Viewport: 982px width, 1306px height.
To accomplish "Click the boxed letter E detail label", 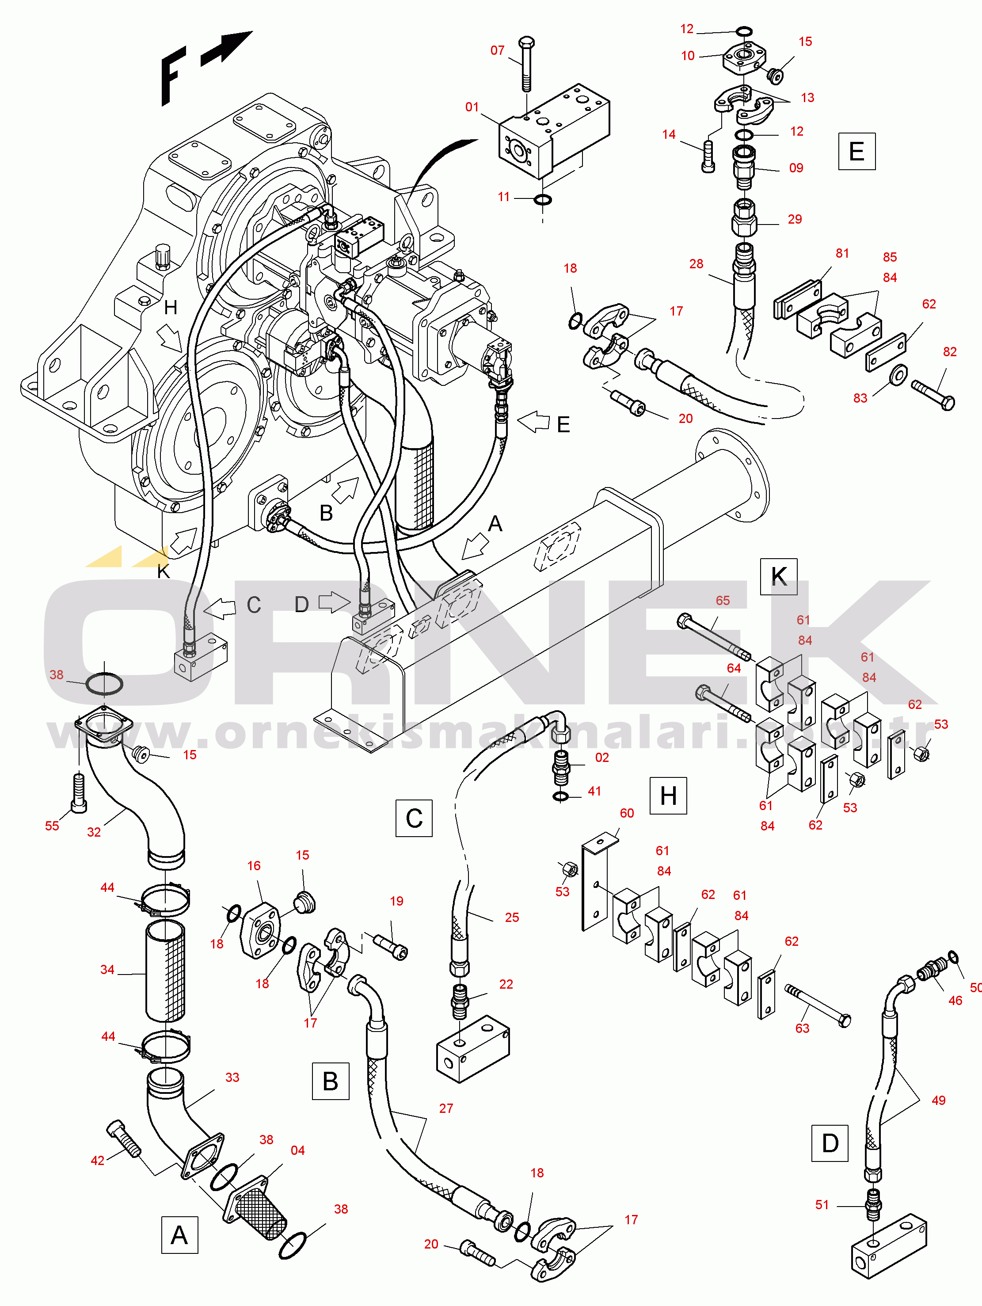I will pyautogui.click(x=856, y=152).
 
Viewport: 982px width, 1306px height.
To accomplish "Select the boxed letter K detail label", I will pyautogui.click(x=778, y=576).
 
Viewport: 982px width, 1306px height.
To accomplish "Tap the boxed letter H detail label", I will pyautogui.click(x=668, y=796).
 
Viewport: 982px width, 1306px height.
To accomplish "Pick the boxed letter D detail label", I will pyautogui.click(x=830, y=1143).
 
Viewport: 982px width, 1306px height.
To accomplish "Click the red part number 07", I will pyautogui.click(x=497, y=51).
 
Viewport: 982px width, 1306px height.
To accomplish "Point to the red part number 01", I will pyautogui.click(x=472, y=107).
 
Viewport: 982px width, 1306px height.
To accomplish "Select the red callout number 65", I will pyautogui.click(x=723, y=601).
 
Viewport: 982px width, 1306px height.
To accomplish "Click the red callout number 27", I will pyautogui.click(x=446, y=1108).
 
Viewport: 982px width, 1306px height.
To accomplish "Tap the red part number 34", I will pyautogui.click(x=107, y=970).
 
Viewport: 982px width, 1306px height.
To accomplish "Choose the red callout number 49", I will pyautogui.click(x=938, y=1100).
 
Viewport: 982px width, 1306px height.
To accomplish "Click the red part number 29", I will pyautogui.click(x=795, y=219).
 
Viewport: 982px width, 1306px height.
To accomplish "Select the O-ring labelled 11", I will pyautogui.click(x=543, y=200).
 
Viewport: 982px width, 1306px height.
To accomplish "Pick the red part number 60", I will pyautogui.click(x=627, y=813).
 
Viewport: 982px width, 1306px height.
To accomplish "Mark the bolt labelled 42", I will pyautogui.click(x=124, y=1137).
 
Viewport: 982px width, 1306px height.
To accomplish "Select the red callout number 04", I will pyautogui.click(x=297, y=1150).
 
